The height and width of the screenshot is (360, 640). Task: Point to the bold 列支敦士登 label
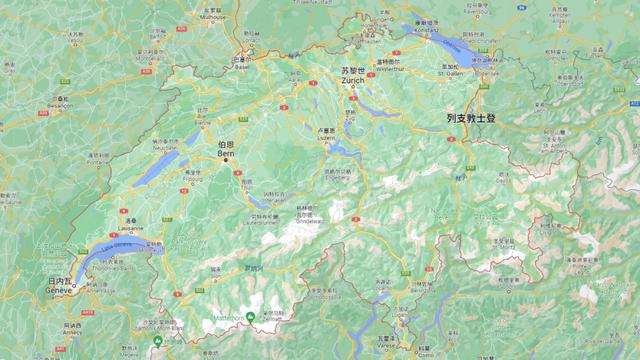click(471, 118)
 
